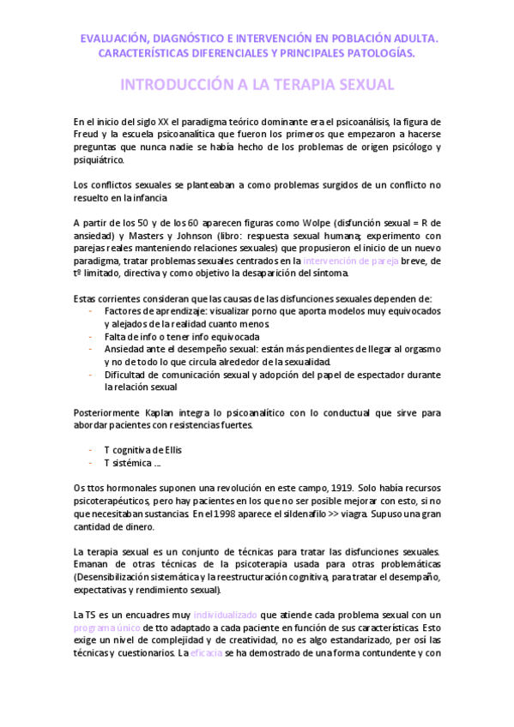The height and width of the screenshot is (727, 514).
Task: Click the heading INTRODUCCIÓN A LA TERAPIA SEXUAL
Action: (x=257, y=85)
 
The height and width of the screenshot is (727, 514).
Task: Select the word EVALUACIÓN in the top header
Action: (x=114, y=39)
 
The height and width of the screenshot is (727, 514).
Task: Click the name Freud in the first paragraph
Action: (x=87, y=135)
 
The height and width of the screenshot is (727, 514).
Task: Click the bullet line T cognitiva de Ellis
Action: (x=142, y=450)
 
